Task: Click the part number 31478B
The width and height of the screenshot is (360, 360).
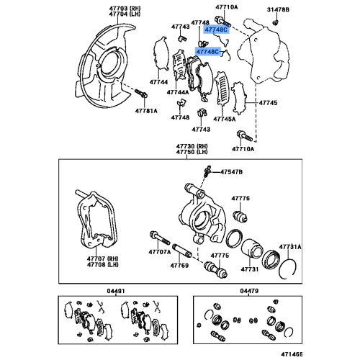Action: (278, 9)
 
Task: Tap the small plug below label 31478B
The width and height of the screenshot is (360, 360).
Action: (275, 23)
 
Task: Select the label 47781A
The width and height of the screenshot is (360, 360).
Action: (146, 111)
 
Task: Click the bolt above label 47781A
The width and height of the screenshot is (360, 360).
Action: (141, 94)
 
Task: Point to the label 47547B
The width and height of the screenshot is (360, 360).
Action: (231, 172)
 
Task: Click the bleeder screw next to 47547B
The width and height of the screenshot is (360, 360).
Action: (207, 171)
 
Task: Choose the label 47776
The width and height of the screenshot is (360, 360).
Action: (240, 198)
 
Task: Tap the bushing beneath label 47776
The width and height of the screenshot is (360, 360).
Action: (240, 216)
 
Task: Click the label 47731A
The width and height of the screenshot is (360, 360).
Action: (290, 247)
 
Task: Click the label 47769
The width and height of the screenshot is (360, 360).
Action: (179, 266)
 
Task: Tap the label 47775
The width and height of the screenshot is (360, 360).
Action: (220, 256)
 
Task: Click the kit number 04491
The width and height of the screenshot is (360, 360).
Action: (116, 291)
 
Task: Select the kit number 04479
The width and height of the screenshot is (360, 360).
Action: (249, 291)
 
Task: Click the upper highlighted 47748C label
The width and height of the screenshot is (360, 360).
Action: (216, 30)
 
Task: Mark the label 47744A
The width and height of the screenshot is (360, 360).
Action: (178, 92)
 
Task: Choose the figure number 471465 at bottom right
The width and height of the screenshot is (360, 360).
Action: (292, 354)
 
